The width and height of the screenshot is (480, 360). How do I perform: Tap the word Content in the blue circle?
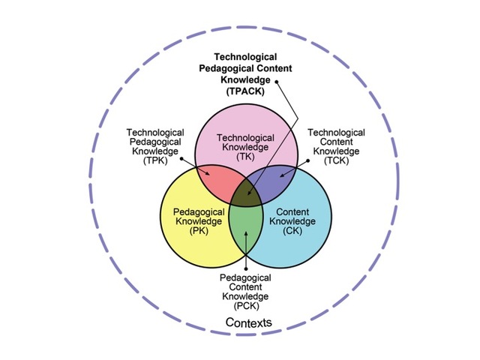(292, 211)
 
